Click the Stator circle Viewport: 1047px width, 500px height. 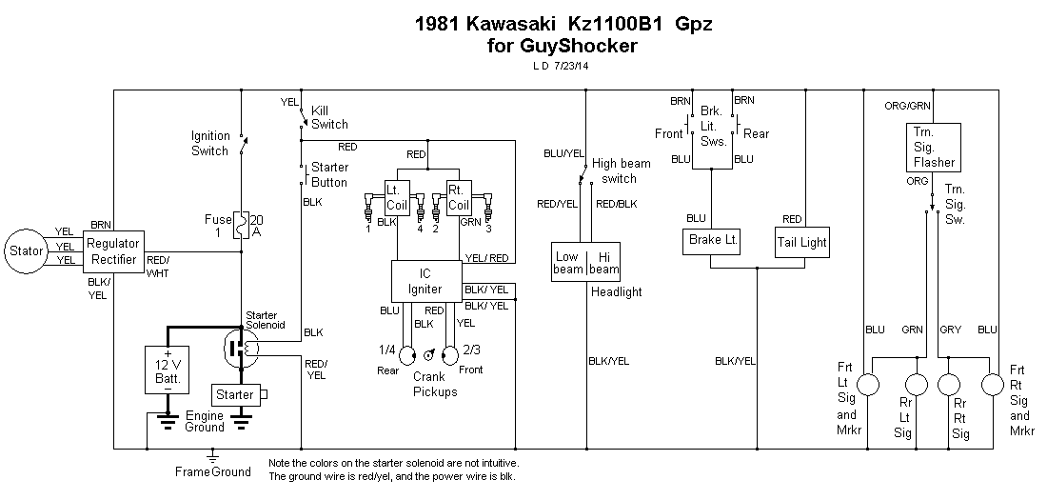(27, 251)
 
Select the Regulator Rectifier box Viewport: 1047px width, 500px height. (112, 251)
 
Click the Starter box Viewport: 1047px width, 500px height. (234, 394)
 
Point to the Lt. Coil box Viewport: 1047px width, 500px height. (397, 197)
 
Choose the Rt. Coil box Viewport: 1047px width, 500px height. (460, 197)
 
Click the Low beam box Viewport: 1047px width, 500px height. (568, 262)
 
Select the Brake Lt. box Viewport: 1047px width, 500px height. (712, 242)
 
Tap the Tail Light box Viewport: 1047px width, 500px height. (801, 242)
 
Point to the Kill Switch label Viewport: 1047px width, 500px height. (329, 117)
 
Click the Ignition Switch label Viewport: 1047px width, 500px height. (210, 143)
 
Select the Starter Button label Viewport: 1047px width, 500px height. (329, 175)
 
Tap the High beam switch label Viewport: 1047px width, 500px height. (621, 170)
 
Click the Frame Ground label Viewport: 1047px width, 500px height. (213, 471)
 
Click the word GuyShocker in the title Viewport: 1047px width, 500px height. (570, 45)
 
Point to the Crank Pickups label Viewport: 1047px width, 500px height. (435, 385)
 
